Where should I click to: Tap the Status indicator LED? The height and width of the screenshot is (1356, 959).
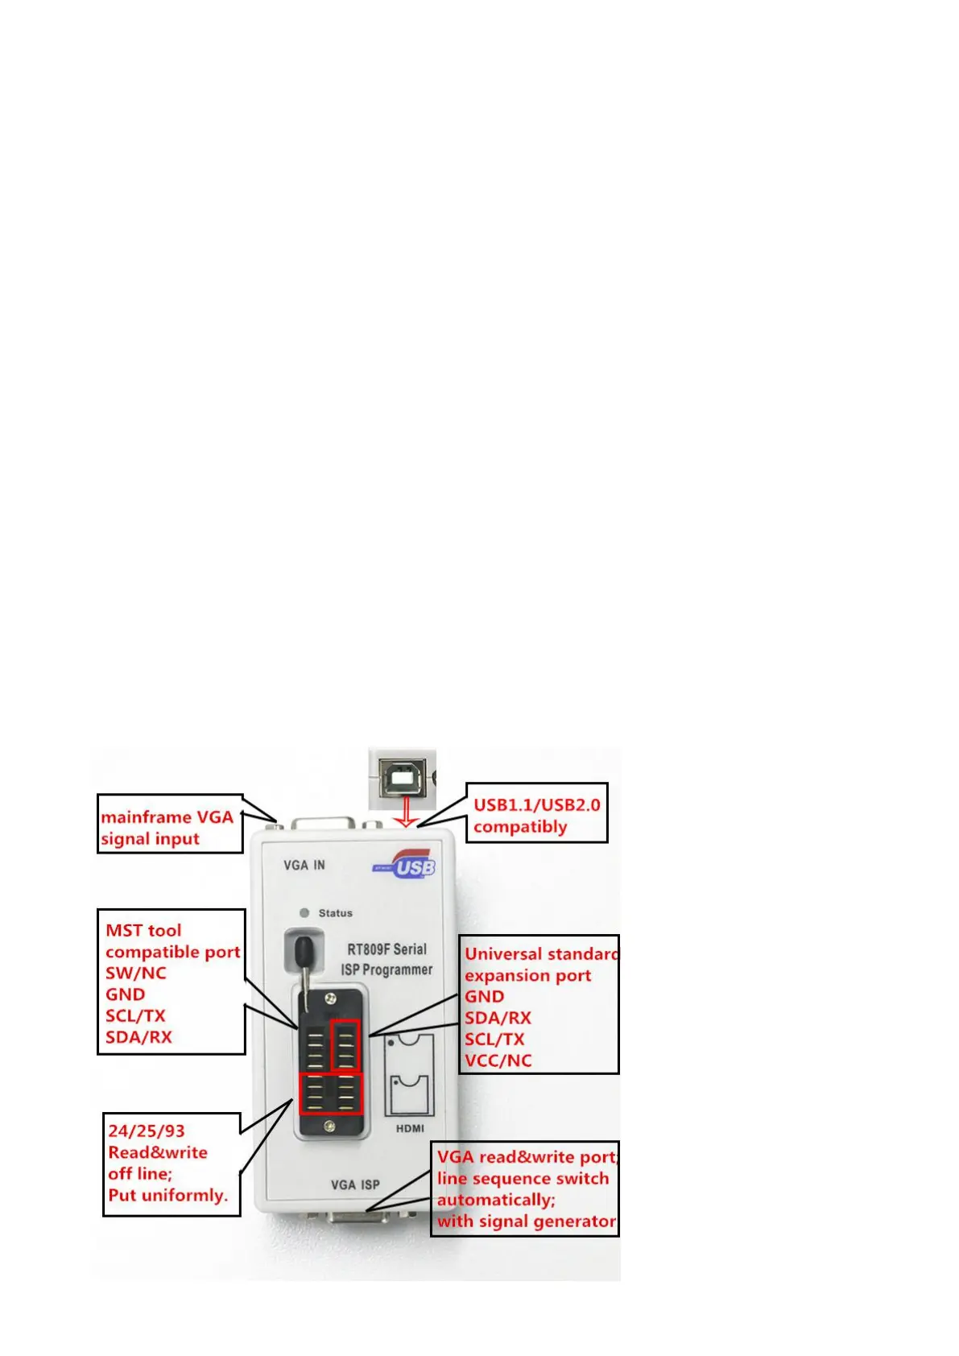[304, 912]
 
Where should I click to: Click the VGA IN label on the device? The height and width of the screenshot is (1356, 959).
[304, 865]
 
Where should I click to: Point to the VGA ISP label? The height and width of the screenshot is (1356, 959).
[355, 1184]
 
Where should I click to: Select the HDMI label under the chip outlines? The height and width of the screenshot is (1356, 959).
[410, 1128]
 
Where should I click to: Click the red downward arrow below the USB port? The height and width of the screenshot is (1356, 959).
[407, 811]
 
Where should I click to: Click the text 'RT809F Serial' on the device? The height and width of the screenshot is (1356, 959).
[387, 949]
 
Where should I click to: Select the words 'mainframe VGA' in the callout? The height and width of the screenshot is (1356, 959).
[167, 816]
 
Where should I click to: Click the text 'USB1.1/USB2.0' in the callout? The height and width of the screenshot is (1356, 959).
[536, 804]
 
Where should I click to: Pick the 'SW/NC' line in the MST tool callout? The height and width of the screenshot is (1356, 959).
[135, 973]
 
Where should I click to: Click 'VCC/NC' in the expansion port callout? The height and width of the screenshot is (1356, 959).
[498, 1060]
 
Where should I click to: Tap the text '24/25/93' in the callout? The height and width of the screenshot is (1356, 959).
[147, 1131]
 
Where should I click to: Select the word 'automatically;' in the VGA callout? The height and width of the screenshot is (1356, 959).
[496, 1200]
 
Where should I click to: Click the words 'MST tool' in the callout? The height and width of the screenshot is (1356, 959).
[143, 930]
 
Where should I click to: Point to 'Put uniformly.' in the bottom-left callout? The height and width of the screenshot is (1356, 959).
[167, 1195]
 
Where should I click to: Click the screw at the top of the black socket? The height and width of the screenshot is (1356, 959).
[329, 999]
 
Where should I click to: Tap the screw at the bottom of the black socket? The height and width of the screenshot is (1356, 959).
[329, 1127]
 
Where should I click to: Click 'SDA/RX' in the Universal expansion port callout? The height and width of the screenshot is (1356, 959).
[498, 1018]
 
